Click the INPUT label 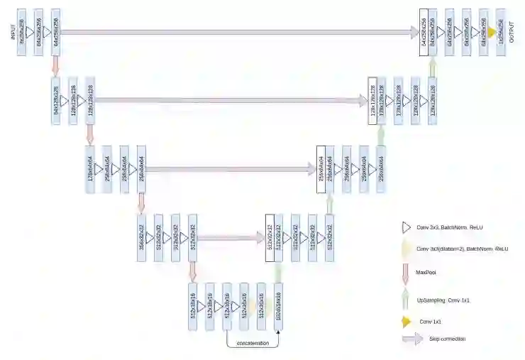click(x=13, y=32)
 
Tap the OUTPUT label click(x=512, y=31)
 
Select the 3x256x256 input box click(x=21, y=33)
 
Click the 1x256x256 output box click(x=501, y=31)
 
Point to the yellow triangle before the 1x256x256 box click(x=491, y=32)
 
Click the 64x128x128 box click(x=55, y=100)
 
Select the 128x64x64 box click(x=90, y=170)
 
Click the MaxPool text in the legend click(x=426, y=271)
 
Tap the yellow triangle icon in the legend click(x=407, y=322)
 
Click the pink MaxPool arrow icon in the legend click(x=406, y=271)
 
